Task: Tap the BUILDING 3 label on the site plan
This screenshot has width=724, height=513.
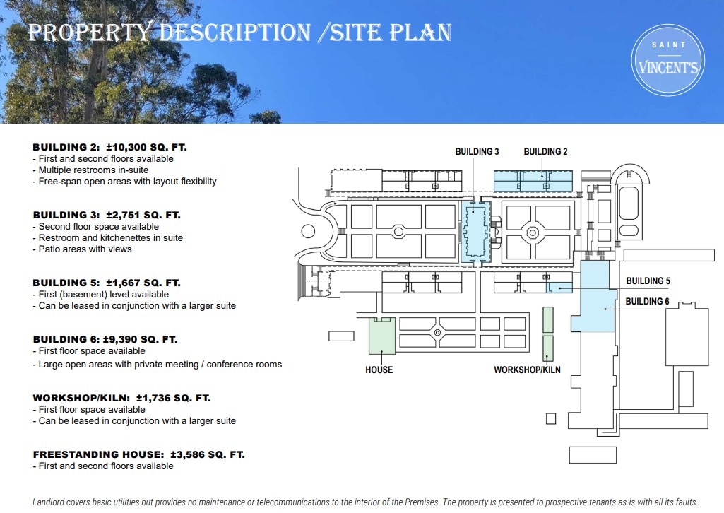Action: point(477,152)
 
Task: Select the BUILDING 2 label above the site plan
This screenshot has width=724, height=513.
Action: point(545,152)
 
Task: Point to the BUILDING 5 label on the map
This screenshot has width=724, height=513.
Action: point(648,281)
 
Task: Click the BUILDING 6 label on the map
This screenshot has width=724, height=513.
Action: point(648,301)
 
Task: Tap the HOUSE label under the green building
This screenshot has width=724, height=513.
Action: point(379,370)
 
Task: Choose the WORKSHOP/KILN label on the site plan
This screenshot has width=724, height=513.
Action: point(527,370)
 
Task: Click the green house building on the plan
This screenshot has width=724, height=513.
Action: point(381,336)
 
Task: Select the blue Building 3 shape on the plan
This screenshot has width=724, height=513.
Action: point(475,232)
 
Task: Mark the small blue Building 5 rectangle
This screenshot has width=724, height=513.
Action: point(560,288)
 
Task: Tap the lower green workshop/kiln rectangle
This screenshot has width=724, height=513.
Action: point(547,348)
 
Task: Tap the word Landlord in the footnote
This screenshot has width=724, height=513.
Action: point(50,502)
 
